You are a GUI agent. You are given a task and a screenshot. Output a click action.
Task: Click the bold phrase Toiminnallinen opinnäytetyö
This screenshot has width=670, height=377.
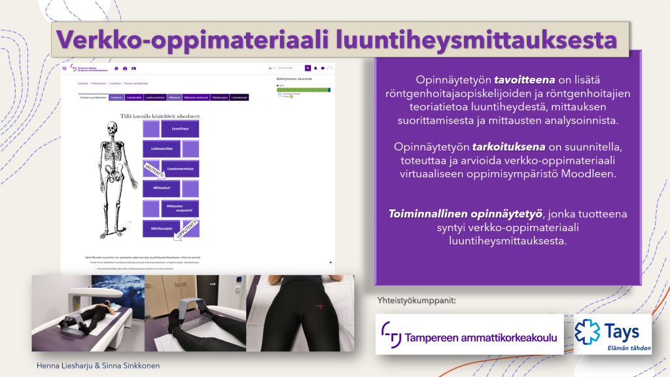coord(465,214)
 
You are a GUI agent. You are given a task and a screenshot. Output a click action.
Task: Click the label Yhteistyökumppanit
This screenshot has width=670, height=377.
coord(416,301)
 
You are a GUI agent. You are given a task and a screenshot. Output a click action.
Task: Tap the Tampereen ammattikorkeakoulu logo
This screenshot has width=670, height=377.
coord(470,334)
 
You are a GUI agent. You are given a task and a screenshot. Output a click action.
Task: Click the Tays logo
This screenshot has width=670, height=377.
coord(612,333)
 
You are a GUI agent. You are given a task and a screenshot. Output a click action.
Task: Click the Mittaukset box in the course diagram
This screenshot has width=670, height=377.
coord(162,188)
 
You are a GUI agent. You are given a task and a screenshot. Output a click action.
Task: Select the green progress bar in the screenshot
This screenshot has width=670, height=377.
coord(303,90)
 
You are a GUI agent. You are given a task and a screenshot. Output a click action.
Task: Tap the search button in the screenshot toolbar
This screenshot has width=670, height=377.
coord(308,67)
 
